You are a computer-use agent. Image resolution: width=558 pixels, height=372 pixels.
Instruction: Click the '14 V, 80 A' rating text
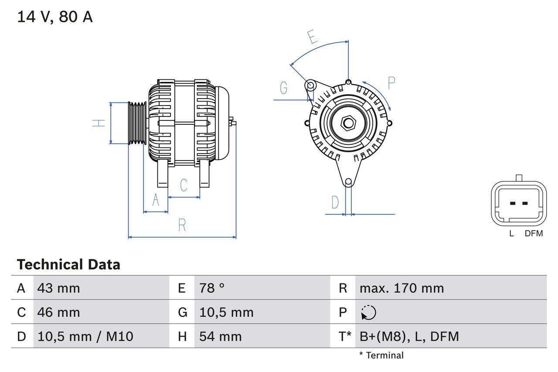(54, 17)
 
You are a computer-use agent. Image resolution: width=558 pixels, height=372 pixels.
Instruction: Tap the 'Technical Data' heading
(68, 264)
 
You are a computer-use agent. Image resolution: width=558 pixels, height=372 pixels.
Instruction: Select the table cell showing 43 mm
(59, 288)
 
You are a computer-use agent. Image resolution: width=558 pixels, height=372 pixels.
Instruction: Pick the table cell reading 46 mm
(59, 312)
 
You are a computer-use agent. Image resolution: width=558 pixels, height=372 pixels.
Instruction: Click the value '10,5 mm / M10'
(85, 336)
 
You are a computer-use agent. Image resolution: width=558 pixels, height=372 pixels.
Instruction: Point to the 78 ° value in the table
(212, 288)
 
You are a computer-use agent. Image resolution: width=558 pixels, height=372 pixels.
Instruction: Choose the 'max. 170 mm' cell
(401, 288)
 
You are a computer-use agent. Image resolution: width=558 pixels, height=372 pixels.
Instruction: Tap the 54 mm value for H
(220, 336)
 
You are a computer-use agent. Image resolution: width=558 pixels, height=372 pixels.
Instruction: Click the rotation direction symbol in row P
(368, 312)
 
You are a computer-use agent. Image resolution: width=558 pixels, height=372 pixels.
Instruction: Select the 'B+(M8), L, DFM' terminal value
(409, 336)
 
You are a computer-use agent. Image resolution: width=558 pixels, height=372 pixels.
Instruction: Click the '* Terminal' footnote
(381, 355)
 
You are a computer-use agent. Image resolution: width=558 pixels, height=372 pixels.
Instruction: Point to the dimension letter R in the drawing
(182, 225)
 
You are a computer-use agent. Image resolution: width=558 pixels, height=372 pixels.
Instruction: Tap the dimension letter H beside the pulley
(99, 123)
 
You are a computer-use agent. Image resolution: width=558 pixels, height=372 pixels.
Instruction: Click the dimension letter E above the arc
(312, 37)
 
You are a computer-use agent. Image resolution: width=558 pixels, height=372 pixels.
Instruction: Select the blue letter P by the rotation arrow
(391, 83)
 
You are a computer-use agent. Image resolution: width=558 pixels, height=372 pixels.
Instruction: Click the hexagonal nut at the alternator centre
(348, 123)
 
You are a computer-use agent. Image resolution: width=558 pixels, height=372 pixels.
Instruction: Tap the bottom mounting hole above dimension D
(348, 182)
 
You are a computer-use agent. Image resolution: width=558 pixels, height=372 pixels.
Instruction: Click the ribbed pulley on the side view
(137, 123)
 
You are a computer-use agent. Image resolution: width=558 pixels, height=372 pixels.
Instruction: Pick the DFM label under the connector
(534, 234)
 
